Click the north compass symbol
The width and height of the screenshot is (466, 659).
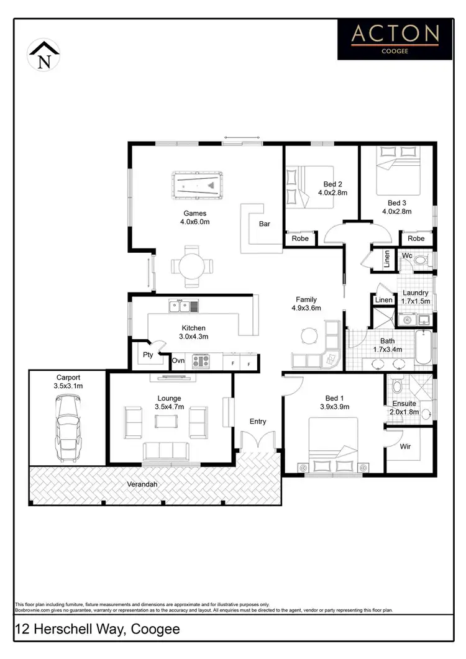click(44, 55)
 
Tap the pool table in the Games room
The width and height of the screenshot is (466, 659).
click(196, 184)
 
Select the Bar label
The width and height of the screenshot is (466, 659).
click(264, 224)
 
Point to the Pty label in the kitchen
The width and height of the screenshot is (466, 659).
click(148, 355)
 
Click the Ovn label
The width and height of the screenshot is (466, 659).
click(178, 360)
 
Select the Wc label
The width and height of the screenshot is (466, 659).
click(407, 256)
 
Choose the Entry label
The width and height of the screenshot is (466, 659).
click(258, 421)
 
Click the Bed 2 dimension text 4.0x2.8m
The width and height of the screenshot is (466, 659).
click(332, 193)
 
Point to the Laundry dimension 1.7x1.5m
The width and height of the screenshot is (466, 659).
click(414, 301)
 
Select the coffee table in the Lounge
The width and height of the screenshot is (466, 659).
click(166, 422)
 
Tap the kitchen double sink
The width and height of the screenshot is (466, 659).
click(183, 306)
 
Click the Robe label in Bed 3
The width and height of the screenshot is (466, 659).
click(416, 239)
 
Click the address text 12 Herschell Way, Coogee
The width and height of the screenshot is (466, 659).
click(98, 629)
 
